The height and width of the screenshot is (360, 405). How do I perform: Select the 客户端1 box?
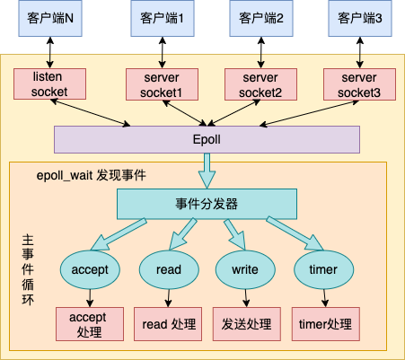pos(162,19)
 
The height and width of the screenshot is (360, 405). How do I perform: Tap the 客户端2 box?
pos(260,19)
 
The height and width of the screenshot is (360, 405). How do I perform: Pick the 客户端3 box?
pos(359,19)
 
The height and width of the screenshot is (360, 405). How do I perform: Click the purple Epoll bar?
pos(207,141)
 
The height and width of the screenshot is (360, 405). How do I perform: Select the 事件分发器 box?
pos(207,204)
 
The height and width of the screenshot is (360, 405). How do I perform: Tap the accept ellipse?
pos(89,268)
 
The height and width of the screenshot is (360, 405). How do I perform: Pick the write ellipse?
pos(245,268)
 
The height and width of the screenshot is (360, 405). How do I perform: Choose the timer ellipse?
pos(322,268)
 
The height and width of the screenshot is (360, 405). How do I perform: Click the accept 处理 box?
pos(89,324)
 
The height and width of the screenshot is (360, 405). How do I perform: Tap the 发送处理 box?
pos(245,324)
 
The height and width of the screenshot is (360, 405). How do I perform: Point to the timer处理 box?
pos(322,324)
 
